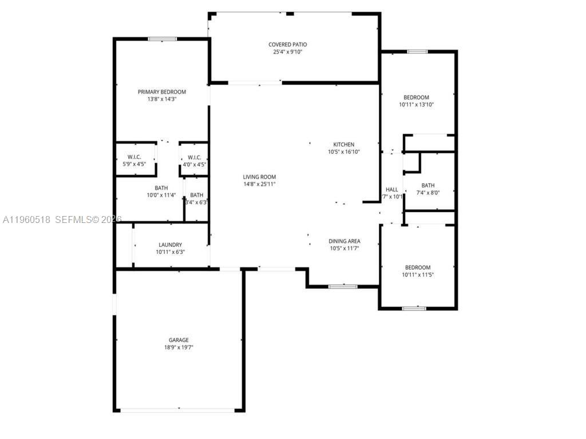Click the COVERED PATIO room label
[287, 45]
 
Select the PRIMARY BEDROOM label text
[162, 92]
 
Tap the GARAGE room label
[179, 340]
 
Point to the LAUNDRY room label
[171, 245]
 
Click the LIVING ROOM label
[259, 177]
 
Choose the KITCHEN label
[344, 145]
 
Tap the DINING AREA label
[345, 241]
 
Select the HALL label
[392, 190]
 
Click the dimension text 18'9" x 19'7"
[179, 348]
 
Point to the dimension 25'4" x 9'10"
[287, 52]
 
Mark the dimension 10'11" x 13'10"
[417, 105]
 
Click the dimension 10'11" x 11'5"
[418, 275]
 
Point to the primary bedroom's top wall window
[163, 39]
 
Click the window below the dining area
[343, 286]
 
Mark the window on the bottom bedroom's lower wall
[414, 309]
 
